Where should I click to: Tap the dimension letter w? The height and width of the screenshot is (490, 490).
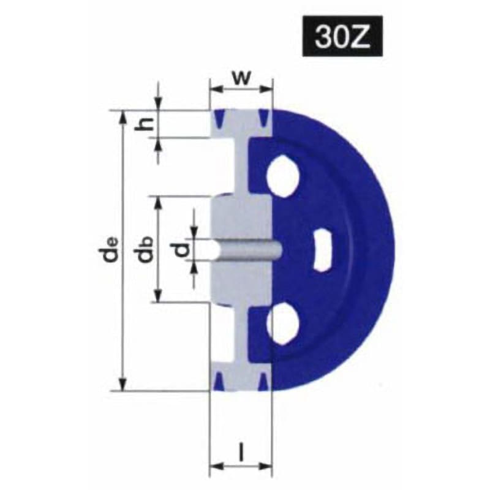point(241,78)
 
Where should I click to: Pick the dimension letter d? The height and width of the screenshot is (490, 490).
point(179,249)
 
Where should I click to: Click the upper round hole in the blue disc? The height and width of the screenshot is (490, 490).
point(283,175)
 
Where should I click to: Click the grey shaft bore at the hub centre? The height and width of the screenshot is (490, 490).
point(245,249)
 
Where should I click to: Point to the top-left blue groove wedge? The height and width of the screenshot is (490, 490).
point(219,116)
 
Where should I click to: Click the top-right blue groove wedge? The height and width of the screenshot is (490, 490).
point(263,116)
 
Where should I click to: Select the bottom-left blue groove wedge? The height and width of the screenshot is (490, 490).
point(219,383)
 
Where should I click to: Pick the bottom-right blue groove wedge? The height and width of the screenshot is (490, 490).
point(263,383)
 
